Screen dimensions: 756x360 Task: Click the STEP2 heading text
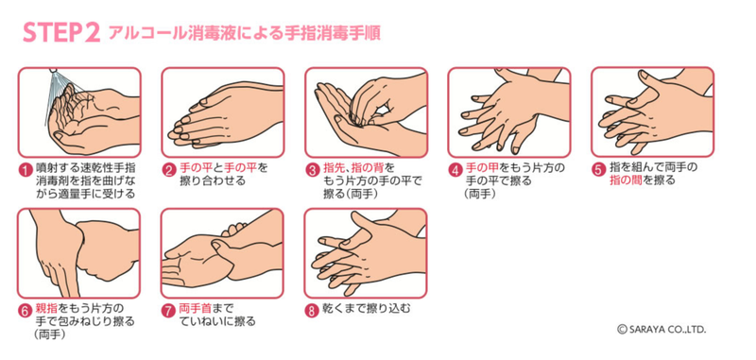click(61, 33)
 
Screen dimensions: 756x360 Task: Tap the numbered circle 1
click(26, 170)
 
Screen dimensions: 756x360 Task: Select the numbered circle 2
click(168, 170)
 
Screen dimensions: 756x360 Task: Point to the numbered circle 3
click(313, 170)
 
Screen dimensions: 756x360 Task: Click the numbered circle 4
click(455, 170)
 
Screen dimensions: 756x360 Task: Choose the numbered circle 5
click(599, 170)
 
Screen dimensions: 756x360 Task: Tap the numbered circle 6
click(26, 311)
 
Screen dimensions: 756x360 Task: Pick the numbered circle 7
click(168, 311)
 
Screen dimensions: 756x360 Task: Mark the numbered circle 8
click(313, 311)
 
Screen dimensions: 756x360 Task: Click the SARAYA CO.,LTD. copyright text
click(661, 330)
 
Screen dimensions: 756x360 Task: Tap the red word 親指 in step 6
click(44, 308)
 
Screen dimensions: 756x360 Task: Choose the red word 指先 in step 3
click(333, 168)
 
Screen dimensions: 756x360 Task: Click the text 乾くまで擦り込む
click(366, 308)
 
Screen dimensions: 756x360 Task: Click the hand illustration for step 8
click(366, 253)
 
